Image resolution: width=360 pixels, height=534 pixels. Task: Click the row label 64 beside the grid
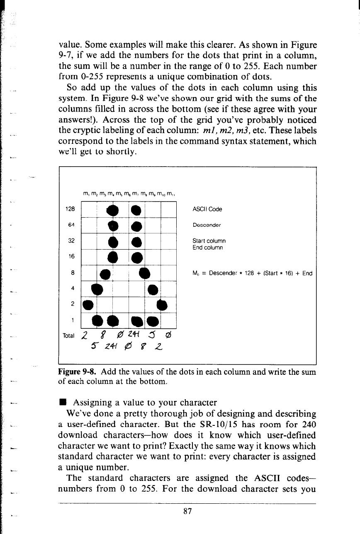[x=71, y=225]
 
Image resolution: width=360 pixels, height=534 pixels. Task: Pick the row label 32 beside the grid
[x=71, y=240]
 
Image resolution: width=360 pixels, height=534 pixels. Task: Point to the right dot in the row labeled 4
[x=153, y=289]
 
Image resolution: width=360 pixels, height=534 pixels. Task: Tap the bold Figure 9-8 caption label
[x=75, y=371]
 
